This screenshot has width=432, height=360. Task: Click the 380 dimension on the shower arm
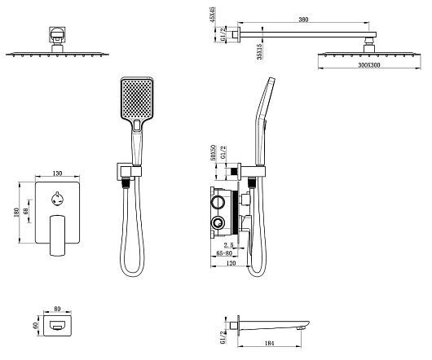coord(303,20)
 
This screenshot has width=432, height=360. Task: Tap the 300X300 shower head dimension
coord(369,65)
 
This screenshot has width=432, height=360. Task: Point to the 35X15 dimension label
coord(259,51)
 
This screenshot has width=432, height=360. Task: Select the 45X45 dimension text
coord(213,15)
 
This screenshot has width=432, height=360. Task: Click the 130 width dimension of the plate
coord(57,173)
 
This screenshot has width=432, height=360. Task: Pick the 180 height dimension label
coord(16,213)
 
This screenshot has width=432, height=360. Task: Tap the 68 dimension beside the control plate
coord(26,212)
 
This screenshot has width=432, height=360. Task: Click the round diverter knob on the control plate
coord(57,200)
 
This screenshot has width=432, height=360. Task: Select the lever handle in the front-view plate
coord(57,235)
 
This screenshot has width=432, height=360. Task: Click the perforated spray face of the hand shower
coord(136,99)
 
